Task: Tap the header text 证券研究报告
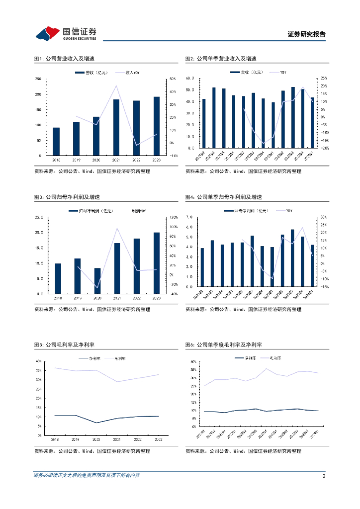306,34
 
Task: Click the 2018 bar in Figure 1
56,142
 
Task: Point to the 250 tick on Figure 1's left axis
38,79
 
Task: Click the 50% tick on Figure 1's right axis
173,79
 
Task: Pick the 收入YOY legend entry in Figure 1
130,73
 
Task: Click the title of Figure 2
221,59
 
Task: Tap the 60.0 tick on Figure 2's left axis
189,79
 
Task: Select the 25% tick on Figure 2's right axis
323,79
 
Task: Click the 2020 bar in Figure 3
97,281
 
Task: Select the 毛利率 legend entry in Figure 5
117,358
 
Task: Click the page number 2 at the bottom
324,476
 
